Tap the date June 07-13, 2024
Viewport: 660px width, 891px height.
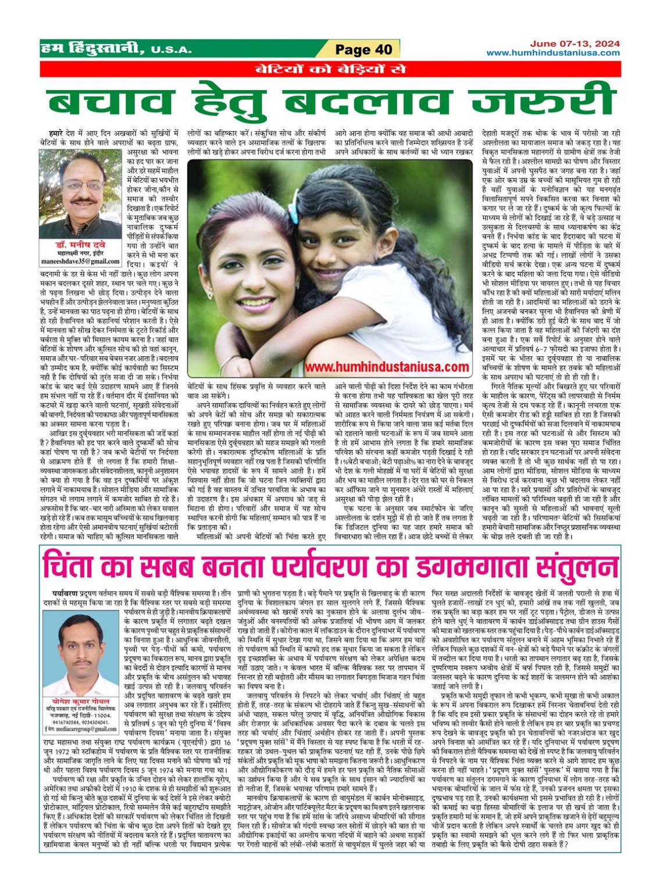575,44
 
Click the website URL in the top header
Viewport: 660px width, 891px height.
553,53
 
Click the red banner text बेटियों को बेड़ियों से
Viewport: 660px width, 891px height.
330,69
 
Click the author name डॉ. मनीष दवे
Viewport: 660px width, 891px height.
80,245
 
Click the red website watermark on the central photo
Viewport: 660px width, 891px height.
387,367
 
